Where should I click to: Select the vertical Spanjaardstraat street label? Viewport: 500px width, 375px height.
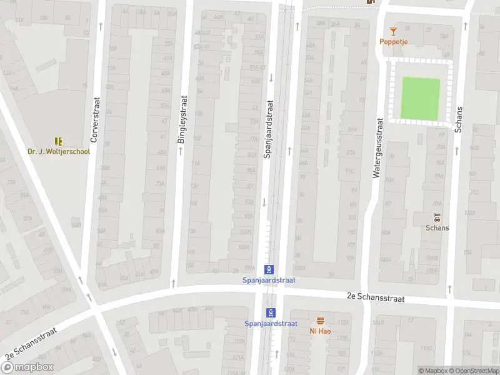coord(270,129)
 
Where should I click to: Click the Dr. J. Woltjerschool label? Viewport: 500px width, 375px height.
coord(59,151)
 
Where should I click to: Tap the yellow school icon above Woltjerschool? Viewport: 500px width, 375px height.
coord(59,142)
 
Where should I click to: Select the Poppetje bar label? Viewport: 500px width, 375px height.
coord(393,42)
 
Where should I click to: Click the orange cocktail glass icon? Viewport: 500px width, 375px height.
coord(393,31)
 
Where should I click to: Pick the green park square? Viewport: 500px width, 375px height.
coord(420,98)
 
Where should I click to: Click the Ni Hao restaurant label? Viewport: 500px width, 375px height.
coord(320,331)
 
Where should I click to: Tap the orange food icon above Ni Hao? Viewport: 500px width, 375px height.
coord(320,321)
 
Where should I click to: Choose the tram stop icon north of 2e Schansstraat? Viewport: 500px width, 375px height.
coord(269,269)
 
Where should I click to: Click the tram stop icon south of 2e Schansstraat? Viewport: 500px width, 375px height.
coord(271,312)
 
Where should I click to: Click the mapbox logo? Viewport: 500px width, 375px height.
coord(27,367)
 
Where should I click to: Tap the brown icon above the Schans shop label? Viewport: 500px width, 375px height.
coord(437,217)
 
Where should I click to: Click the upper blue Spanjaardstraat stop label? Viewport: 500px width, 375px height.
coord(269,280)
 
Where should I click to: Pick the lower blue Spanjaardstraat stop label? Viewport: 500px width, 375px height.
coord(271,323)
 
